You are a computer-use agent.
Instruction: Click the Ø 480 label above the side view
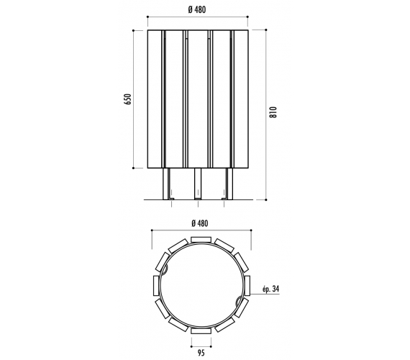click(197, 9)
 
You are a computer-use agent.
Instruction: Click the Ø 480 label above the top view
click(200, 223)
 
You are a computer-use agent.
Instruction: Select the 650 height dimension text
click(127, 99)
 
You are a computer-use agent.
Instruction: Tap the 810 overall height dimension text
click(273, 112)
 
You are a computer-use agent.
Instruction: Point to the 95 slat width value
click(201, 353)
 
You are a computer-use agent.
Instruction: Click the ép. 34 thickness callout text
click(271, 289)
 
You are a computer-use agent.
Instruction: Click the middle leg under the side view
click(198, 184)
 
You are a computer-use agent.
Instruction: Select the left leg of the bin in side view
click(166, 184)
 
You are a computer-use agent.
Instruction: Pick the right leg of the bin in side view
click(229, 184)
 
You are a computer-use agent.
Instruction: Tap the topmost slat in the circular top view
click(201, 240)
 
